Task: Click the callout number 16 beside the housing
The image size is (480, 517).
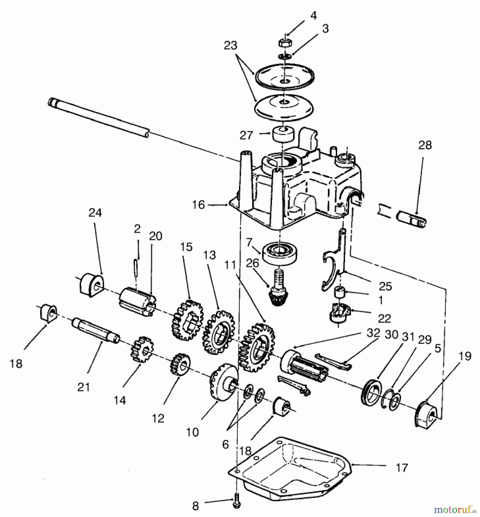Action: click(198, 205)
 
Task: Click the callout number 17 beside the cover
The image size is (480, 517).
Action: click(402, 468)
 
